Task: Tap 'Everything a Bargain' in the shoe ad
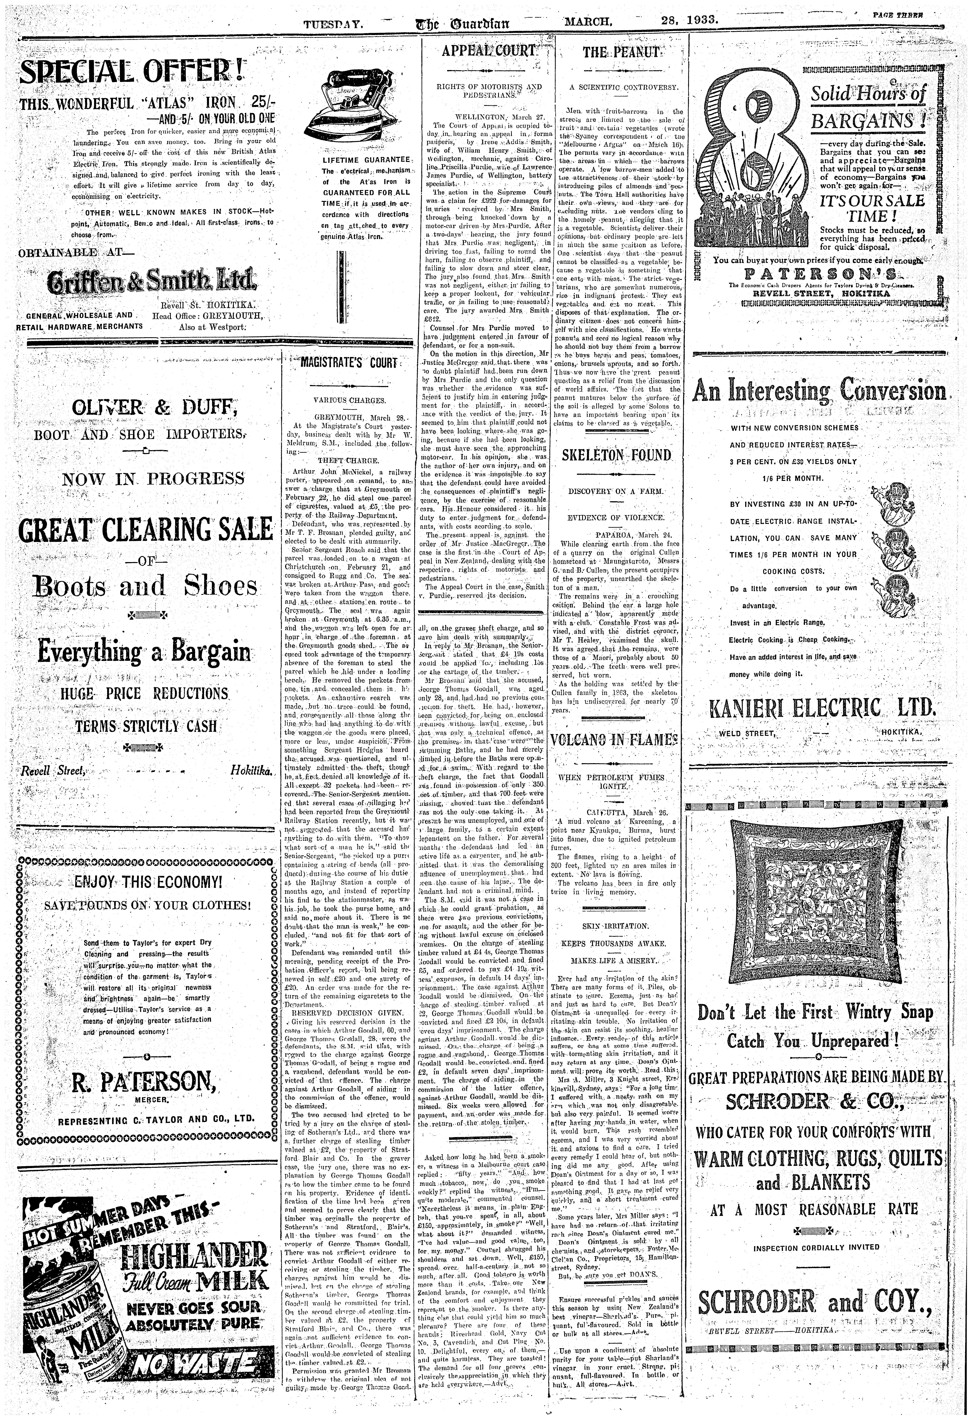[x=144, y=651]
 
